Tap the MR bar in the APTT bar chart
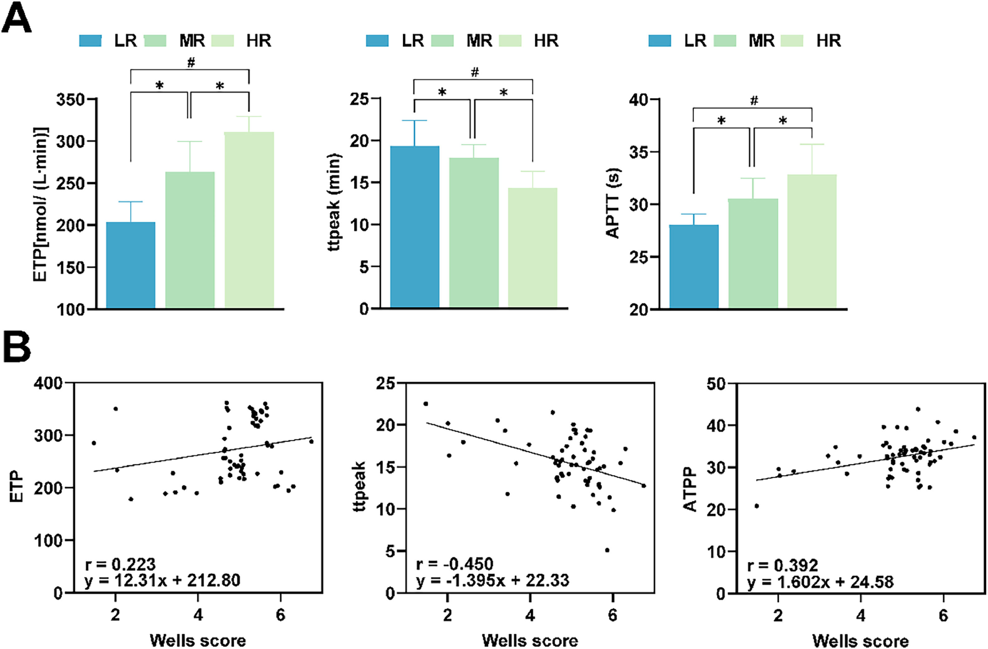(x=753, y=253)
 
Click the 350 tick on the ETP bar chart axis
(x=71, y=99)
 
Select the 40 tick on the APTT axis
(x=639, y=99)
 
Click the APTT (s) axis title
(x=613, y=203)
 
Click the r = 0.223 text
(x=120, y=564)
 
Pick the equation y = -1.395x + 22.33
(x=493, y=580)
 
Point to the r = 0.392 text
(x=782, y=565)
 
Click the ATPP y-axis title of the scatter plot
(x=690, y=490)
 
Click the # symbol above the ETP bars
(x=191, y=63)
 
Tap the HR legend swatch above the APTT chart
(x=792, y=41)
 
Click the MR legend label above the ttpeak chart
(x=479, y=41)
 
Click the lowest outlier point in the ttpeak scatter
(x=607, y=550)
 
